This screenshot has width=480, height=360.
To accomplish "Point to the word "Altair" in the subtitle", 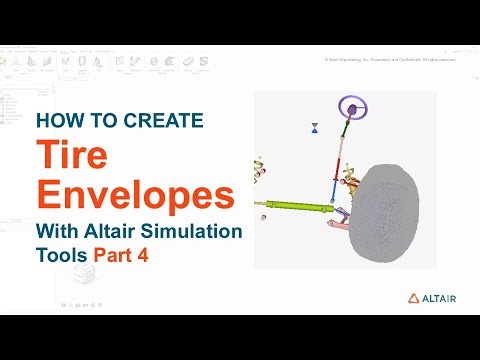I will coord(110,231).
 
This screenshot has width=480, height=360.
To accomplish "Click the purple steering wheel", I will coord(351,107).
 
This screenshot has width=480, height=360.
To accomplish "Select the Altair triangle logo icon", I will coord(413,298).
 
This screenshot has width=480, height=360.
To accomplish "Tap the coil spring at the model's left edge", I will coord(259,166).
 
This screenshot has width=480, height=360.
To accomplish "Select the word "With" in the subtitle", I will coord(58,231).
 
